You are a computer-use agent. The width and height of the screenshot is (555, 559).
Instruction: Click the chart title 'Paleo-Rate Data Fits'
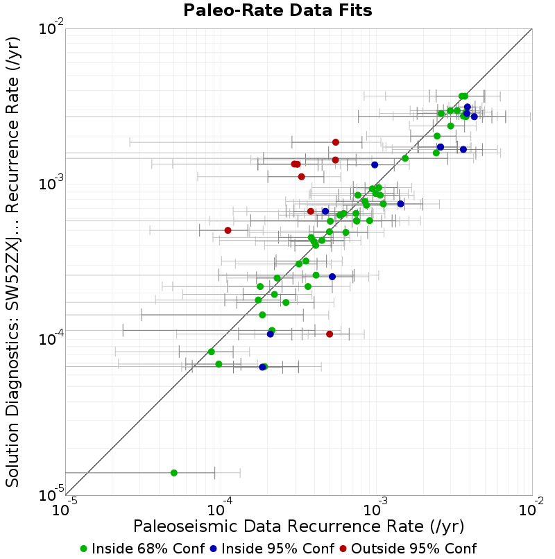tap(277, 10)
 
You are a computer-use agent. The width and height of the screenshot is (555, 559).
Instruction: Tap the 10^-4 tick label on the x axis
tap(220, 507)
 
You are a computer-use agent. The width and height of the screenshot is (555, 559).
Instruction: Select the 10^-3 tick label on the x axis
tap(375, 507)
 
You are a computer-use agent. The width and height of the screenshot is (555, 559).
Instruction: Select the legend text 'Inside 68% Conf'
tap(148, 549)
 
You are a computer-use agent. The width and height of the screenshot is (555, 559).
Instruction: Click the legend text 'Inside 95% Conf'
tap(278, 549)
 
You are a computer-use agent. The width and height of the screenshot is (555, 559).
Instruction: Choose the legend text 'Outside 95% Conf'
tap(414, 549)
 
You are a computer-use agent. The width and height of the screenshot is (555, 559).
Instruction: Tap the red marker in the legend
tap(343, 549)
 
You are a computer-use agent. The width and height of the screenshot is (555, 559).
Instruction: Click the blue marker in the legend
tap(213, 549)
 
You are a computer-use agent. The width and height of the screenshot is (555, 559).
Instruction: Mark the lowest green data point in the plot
tap(174, 473)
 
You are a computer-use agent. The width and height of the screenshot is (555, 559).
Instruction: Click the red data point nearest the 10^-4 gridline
tap(330, 334)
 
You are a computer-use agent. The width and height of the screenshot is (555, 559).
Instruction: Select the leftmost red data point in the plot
tap(228, 230)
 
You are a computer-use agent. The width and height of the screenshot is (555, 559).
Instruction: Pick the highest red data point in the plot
tap(336, 142)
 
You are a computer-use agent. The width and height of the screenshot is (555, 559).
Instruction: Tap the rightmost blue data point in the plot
tap(474, 117)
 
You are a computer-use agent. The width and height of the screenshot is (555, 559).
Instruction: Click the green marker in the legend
tap(83, 549)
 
